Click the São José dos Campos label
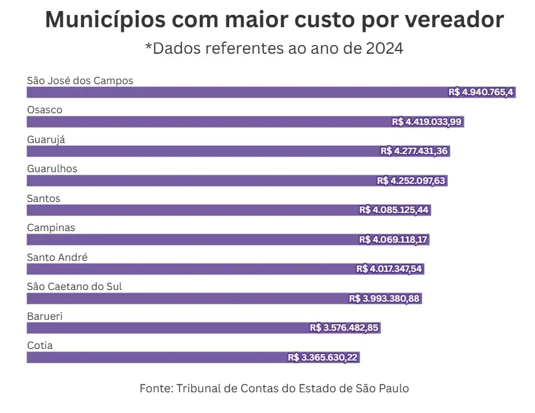tap(80, 81)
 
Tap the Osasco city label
tap(45, 110)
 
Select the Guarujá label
tap(46, 140)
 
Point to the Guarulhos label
tap(52, 169)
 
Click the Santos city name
tap(43, 199)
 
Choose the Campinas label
tap(51, 228)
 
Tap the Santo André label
tap(57, 258)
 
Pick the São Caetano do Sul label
tap(74, 287)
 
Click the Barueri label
tap(45, 317)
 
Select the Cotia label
tap(39, 346)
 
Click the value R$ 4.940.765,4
tap(481, 93)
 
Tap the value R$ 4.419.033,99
tap(427, 122)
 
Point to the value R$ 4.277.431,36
tap(415, 151)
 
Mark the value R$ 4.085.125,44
tap(395, 210)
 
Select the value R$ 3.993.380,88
tap(384, 298)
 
